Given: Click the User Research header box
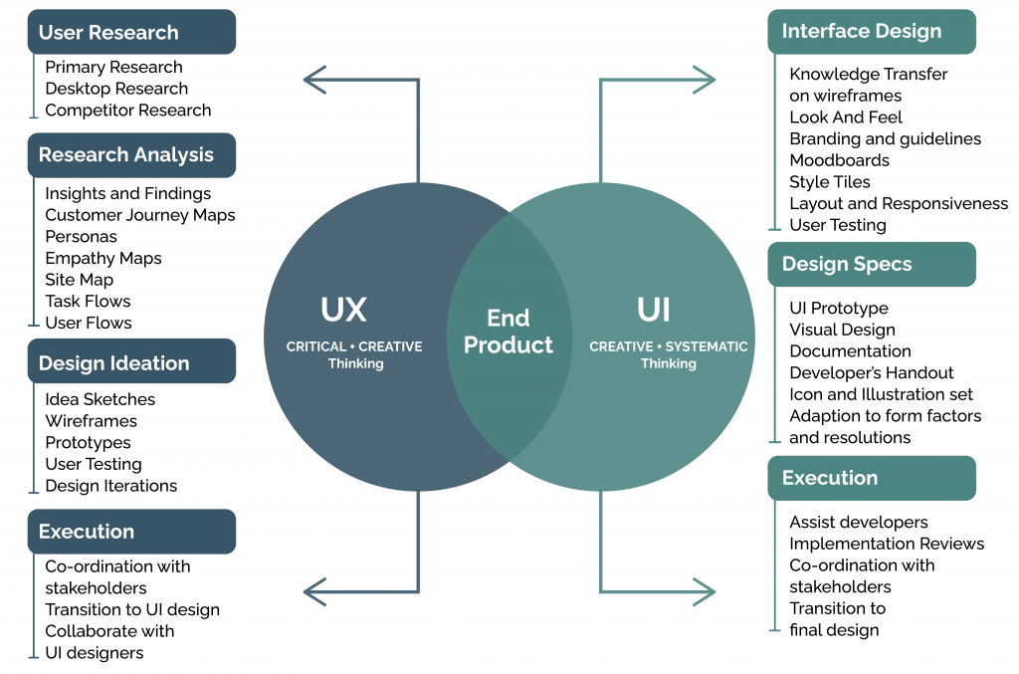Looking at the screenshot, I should [x=130, y=32].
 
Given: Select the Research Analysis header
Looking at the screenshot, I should [x=130, y=154].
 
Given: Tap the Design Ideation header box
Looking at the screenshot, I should [x=130, y=362].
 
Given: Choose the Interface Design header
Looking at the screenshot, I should [x=871, y=31].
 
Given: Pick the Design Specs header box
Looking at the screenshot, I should [x=871, y=264].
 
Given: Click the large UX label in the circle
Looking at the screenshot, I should [x=343, y=311].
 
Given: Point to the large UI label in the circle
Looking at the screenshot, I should [x=654, y=311].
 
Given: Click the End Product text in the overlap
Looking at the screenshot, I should [x=508, y=332].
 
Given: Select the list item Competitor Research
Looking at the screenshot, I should [x=127, y=110].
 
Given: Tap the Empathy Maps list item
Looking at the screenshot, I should [x=102, y=258].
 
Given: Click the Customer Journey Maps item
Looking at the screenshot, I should [x=139, y=215].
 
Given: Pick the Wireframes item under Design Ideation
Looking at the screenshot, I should [x=91, y=421].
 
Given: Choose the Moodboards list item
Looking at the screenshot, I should [x=839, y=160].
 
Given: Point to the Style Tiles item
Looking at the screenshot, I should [x=829, y=182].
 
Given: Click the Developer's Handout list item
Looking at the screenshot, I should [x=864, y=373].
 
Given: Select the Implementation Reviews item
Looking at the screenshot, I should [x=886, y=544].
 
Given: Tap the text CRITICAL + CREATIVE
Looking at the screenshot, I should [x=354, y=346].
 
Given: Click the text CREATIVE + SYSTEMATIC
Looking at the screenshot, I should [x=668, y=346].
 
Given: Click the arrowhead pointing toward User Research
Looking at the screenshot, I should [x=315, y=80].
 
